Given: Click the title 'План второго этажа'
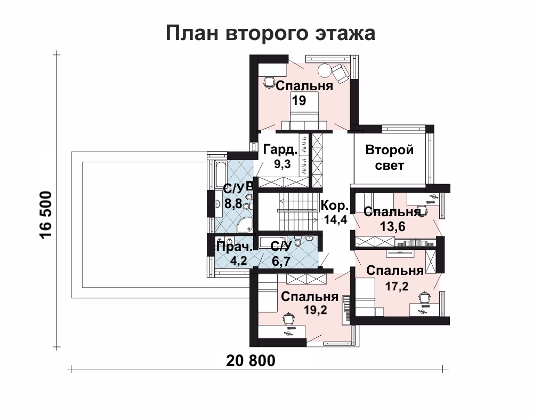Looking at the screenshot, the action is pyautogui.click(x=270, y=33).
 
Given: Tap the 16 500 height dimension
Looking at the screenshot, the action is pyautogui.click(x=46, y=215).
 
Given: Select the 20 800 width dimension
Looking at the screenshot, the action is pyautogui.click(x=251, y=361).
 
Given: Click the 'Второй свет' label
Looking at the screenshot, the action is pyautogui.click(x=389, y=157).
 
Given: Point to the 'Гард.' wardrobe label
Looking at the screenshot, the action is pyautogui.click(x=280, y=149).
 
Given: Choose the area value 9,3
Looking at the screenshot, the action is pyautogui.click(x=282, y=164).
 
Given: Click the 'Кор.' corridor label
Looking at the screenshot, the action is pyautogui.click(x=335, y=205).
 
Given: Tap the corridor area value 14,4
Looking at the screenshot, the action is pyautogui.click(x=335, y=219).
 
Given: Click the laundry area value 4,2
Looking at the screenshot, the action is pyautogui.click(x=239, y=261).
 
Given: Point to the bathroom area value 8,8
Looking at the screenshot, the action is pyautogui.click(x=233, y=204).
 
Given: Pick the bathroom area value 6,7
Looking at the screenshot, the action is pyautogui.click(x=281, y=262).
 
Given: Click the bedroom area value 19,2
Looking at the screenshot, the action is pyautogui.click(x=316, y=310).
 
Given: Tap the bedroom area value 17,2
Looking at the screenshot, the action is pyautogui.click(x=397, y=286).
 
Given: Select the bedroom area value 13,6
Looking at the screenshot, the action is pyautogui.click(x=393, y=226).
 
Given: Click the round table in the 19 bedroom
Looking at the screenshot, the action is pyautogui.click(x=324, y=70).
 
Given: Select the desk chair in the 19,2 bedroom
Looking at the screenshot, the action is pyautogui.click(x=288, y=319).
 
